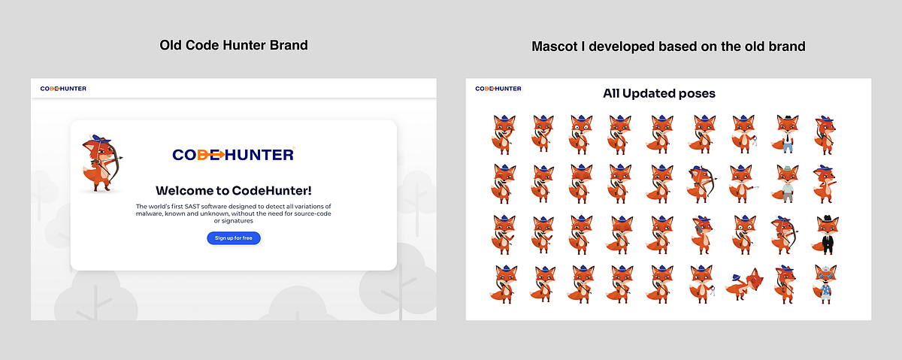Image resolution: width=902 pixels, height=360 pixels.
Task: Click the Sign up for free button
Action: [234, 238]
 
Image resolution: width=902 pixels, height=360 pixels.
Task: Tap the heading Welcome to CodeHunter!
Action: [233, 190]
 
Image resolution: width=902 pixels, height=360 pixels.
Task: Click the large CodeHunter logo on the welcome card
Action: [233, 155]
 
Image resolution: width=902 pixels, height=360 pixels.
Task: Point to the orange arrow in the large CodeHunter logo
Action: [215, 155]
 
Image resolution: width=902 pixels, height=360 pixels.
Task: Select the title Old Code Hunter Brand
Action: [234, 45]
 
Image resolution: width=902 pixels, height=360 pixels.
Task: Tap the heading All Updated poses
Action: [658, 94]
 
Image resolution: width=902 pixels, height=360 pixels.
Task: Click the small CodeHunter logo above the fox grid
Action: [498, 89]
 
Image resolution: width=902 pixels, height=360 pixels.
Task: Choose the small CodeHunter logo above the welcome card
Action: [63, 89]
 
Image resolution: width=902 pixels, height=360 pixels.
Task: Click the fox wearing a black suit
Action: [827, 234]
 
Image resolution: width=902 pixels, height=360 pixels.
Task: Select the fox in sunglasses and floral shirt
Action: [827, 284]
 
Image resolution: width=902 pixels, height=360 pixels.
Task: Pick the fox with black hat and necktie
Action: [786, 133]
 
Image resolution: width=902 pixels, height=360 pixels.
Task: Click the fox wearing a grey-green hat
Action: [786, 183]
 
